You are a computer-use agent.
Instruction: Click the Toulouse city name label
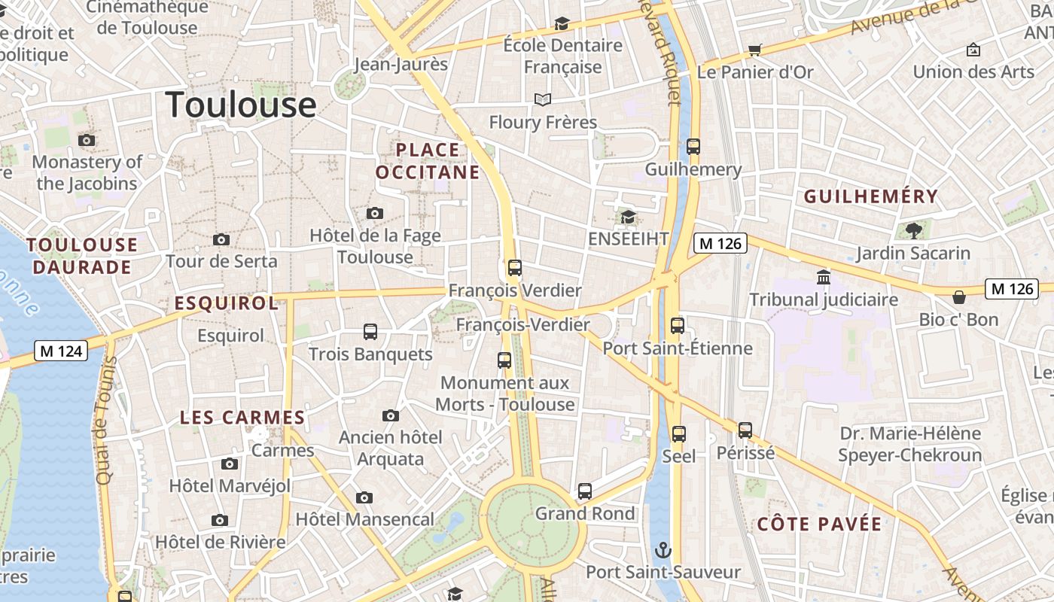coord(241,104)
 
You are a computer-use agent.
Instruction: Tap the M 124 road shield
coord(61,351)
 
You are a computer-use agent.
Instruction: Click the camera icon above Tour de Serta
coord(221,239)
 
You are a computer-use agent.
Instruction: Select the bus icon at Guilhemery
coord(693,147)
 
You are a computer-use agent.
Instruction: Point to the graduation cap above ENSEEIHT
coord(628,217)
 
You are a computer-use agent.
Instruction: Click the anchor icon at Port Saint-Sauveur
coord(663,549)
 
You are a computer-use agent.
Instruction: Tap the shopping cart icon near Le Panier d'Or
coord(754,50)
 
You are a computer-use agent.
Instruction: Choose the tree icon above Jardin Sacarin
coord(913,230)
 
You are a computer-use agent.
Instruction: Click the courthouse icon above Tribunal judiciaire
coord(823,278)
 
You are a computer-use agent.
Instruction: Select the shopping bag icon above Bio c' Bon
coord(959,297)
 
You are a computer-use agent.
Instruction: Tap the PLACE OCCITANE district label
coord(428,161)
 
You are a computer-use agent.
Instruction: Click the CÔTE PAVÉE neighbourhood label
coord(819,524)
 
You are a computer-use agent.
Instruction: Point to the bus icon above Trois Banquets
coord(370,332)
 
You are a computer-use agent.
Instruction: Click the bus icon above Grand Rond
coord(585,491)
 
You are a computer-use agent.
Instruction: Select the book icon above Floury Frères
coord(542,99)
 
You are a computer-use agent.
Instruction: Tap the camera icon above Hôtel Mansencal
coord(364,497)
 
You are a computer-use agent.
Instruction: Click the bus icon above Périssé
coord(745,430)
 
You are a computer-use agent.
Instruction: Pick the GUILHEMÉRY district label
coord(871,197)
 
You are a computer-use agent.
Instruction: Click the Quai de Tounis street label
coord(105,419)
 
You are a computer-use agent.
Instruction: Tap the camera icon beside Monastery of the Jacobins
coord(87,140)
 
